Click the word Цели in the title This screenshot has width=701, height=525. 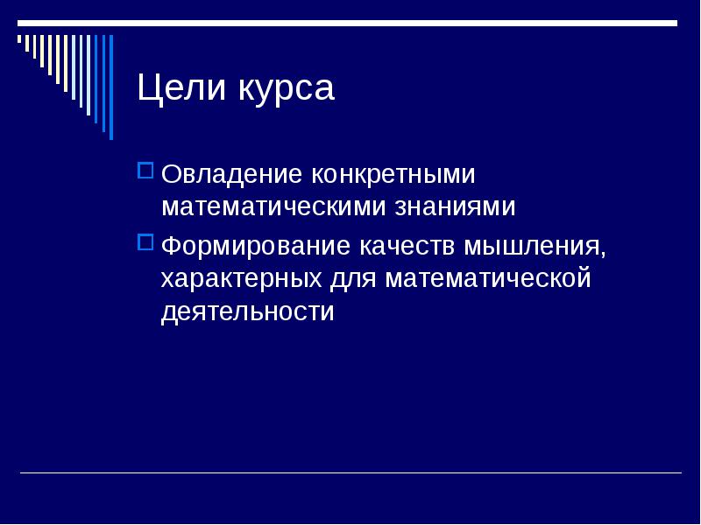[181, 88]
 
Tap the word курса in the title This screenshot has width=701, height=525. [287, 91]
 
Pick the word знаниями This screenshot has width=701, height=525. [455, 206]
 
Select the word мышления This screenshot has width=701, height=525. [532, 248]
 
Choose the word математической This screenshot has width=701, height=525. [488, 278]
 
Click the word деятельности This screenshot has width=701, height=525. [248, 311]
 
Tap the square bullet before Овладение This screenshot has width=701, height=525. [145, 171]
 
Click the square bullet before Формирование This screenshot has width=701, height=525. [145, 242]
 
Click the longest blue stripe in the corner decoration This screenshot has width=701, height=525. [111, 87]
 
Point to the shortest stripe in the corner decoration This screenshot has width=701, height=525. [19, 38]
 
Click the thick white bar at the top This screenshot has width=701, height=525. [347, 24]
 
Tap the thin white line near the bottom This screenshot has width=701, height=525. [351, 472]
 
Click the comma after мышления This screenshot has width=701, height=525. [603, 255]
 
